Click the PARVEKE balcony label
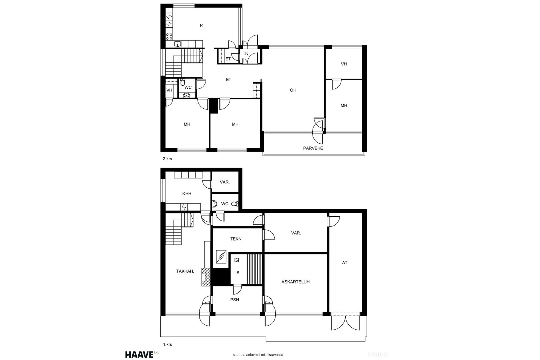(x=313, y=148)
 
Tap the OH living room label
(x=293, y=90)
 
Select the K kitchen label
(x=201, y=26)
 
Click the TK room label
(x=245, y=53)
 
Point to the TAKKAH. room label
(x=185, y=271)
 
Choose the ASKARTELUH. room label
(x=296, y=282)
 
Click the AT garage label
(x=345, y=262)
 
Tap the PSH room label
(x=235, y=300)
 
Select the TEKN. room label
(x=236, y=239)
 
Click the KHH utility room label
(x=187, y=193)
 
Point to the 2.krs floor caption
(x=167, y=159)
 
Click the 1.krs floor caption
(x=167, y=344)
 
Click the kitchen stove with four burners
(x=169, y=37)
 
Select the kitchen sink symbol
(x=178, y=44)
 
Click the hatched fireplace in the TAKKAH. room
(x=206, y=277)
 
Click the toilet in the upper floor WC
(x=183, y=82)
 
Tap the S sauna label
(x=238, y=273)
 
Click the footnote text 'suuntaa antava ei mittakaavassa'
(x=258, y=355)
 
